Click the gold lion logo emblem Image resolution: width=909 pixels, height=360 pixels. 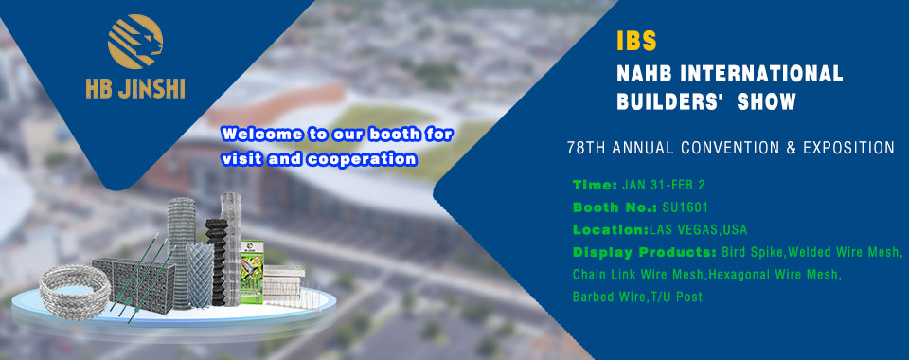tap(135, 42)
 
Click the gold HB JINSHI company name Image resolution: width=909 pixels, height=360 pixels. tap(135, 89)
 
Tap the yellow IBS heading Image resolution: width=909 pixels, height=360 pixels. tap(636, 41)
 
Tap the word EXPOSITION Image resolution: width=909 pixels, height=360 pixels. tap(848, 149)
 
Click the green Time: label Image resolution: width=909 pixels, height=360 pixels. tap(596, 186)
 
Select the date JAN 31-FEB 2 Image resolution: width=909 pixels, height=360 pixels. tap(664, 186)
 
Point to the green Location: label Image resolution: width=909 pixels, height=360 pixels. tap(611, 230)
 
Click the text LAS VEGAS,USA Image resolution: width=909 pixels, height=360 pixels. tap(699, 230)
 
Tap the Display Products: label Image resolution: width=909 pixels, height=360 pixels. tap(645, 253)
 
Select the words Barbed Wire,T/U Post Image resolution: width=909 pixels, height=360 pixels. tap(637, 297)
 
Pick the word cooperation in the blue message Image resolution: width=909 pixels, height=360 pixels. tap(361, 159)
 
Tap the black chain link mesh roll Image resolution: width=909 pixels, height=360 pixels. tap(216, 261)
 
